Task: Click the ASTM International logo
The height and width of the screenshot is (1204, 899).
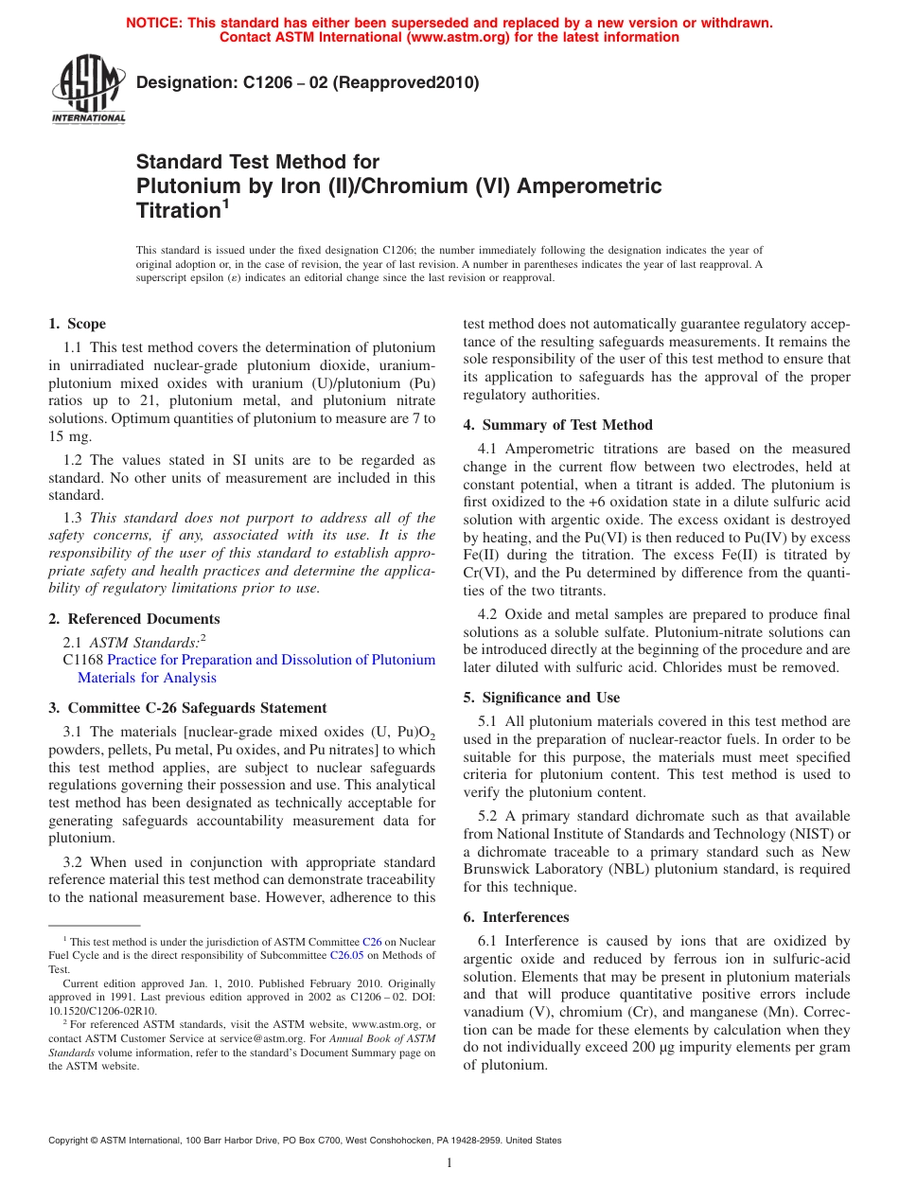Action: (x=88, y=90)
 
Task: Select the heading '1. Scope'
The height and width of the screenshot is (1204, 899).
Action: (x=78, y=324)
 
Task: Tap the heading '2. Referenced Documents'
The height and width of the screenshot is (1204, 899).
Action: (x=134, y=619)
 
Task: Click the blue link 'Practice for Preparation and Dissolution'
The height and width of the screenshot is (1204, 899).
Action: (x=271, y=660)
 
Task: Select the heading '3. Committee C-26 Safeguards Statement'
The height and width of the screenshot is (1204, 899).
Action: (x=187, y=708)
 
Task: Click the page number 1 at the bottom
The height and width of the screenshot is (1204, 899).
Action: (x=449, y=1163)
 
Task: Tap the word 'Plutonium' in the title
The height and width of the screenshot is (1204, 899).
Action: (x=186, y=186)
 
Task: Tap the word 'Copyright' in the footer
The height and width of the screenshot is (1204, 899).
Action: (x=72, y=1141)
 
